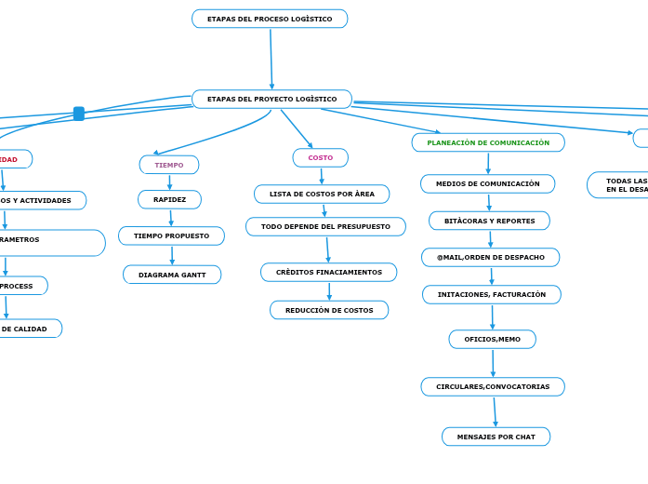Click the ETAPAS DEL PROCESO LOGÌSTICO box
point(270,19)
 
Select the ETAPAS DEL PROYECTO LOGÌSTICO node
point(271,99)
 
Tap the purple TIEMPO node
point(169,165)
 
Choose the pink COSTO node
point(321,158)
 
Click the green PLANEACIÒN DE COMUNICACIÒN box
point(488,142)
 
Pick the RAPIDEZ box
point(169,199)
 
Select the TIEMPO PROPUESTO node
point(171,235)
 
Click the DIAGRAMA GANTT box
point(172,275)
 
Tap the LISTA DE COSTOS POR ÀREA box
point(322,194)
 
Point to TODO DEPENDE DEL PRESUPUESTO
point(325,226)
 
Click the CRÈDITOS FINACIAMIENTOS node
point(328,272)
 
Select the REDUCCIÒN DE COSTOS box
point(329,310)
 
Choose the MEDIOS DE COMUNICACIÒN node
point(487,183)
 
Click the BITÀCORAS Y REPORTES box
point(489,221)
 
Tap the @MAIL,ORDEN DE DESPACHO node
point(490,257)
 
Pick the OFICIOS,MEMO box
point(492,339)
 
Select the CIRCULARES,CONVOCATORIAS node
point(493,386)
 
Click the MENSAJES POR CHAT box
point(496,437)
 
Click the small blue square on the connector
point(79,114)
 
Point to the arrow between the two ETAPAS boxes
point(271,59)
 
